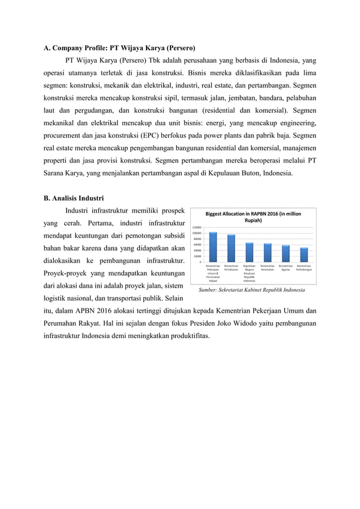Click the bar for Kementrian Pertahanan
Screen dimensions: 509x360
[231, 248]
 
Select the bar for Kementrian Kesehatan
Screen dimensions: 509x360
[267, 252]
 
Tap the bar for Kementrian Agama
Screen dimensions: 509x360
[286, 253]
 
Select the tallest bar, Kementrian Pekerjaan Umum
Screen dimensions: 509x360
[213, 247]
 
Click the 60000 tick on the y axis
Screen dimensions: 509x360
[198, 244]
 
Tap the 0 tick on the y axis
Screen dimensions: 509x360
[201, 261]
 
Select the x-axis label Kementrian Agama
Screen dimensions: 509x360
[286, 268]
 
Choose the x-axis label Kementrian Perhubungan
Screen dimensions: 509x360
[304, 268]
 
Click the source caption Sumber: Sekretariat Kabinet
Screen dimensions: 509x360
[252, 289]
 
